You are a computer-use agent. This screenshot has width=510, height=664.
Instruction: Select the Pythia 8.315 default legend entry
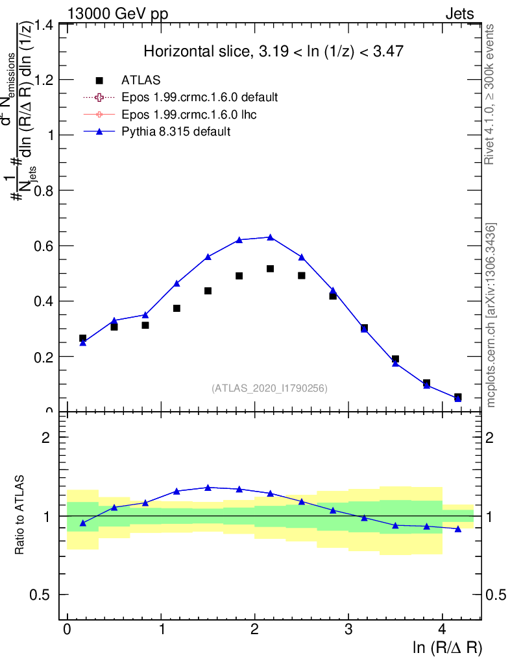tap(176, 132)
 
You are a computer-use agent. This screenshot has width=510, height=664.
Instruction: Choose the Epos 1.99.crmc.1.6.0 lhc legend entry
tap(188, 115)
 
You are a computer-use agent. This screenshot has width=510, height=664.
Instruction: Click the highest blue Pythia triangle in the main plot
tap(270, 237)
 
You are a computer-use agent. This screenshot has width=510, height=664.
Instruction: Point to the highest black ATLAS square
tap(270, 268)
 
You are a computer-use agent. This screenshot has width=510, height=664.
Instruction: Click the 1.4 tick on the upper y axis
tap(47, 25)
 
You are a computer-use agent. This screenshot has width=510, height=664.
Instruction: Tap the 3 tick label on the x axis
tap(348, 630)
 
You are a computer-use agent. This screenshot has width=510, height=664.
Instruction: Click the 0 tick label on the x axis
tap(67, 630)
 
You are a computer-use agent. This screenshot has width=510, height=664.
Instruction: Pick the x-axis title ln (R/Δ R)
tap(447, 647)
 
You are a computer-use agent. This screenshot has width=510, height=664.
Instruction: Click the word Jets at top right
tap(459, 13)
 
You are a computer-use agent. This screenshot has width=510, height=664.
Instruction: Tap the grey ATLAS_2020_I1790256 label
tap(269, 388)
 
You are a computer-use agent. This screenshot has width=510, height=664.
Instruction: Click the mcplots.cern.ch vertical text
tap(492, 315)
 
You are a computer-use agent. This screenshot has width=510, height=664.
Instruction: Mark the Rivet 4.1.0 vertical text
tap(491, 95)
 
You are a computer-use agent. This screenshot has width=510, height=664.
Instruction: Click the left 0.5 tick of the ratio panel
tap(47, 595)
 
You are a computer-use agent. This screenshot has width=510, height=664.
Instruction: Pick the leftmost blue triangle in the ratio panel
tap(82, 523)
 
